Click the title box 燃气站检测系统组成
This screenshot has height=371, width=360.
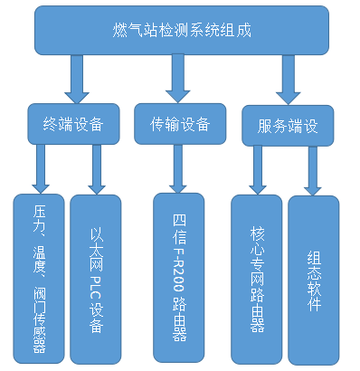click(x=185, y=31)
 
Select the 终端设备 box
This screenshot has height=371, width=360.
click(x=73, y=125)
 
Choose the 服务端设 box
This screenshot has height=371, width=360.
click(x=288, y=127)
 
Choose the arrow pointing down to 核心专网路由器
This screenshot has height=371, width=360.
click(x=258, y=170)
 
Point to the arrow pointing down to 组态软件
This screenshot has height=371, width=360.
click(x=313, y=170)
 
